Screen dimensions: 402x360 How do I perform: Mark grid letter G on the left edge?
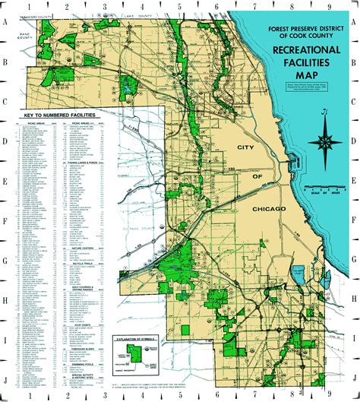point(5,259)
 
